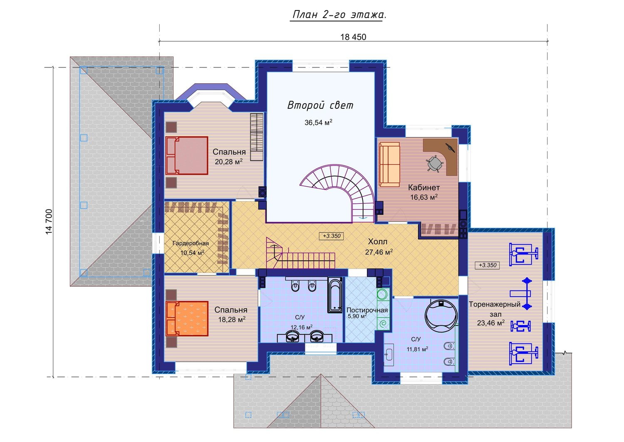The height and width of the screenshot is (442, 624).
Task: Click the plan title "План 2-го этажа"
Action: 339,15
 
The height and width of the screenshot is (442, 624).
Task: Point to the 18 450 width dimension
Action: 353,37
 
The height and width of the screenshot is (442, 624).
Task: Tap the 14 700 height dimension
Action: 49,222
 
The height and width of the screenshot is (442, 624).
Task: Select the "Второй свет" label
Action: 320,105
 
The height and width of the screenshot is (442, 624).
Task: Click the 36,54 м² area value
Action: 318,122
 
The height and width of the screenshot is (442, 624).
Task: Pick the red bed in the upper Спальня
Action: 187,155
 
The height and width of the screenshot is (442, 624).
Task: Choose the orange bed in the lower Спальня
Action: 187,318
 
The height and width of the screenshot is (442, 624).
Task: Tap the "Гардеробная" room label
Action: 191,243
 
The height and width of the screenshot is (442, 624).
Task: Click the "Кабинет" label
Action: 424,187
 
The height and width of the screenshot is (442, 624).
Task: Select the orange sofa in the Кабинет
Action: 389,164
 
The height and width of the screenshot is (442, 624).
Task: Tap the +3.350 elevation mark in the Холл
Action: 332,236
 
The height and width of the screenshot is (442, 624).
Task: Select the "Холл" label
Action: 377,241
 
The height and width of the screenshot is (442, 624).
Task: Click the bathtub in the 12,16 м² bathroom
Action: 335,295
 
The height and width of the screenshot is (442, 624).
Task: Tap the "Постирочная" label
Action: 367,310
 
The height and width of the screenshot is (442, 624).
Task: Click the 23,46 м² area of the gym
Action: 490,323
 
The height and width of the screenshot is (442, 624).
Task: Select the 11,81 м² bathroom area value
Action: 417,349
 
